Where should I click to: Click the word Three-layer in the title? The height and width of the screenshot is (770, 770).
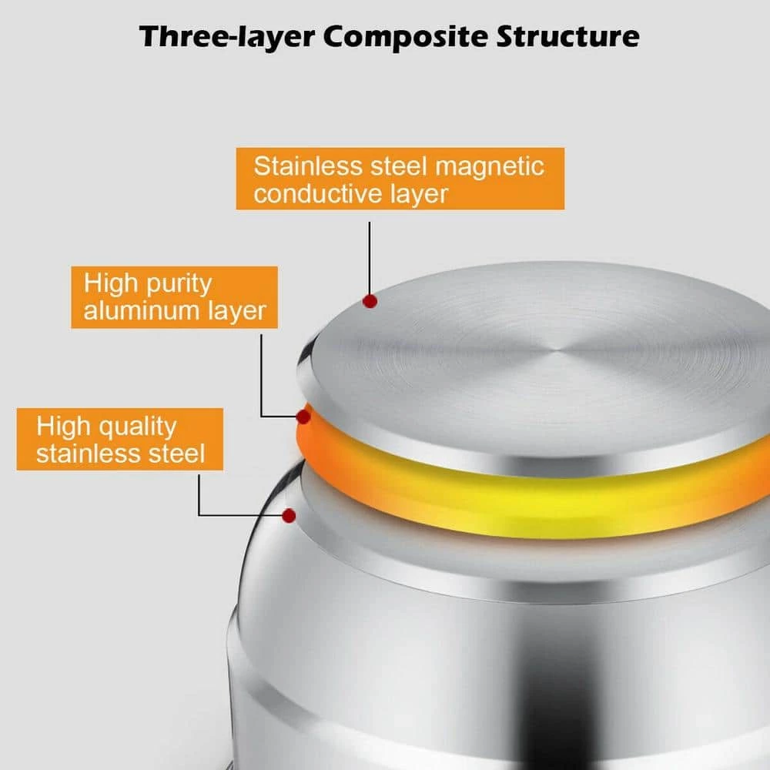[227, 37]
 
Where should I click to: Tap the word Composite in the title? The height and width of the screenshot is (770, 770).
[406, 37]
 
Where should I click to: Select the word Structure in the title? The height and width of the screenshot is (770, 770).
[567, 36]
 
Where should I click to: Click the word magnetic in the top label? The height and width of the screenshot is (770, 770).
[490, 167]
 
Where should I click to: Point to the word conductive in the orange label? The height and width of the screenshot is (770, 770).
[318, 193]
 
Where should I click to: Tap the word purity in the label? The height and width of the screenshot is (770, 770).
[179, 285]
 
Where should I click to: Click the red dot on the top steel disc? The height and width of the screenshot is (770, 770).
[370, 301]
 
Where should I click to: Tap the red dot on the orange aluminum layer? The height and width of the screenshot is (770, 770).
[303, 417]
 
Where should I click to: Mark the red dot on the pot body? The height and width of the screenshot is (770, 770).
[290, 516]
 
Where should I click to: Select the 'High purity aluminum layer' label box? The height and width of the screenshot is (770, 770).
[174, 297]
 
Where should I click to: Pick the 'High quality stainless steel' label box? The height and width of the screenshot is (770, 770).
[120, 439]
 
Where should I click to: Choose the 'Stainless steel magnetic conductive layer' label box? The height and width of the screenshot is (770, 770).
[400, 179]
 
